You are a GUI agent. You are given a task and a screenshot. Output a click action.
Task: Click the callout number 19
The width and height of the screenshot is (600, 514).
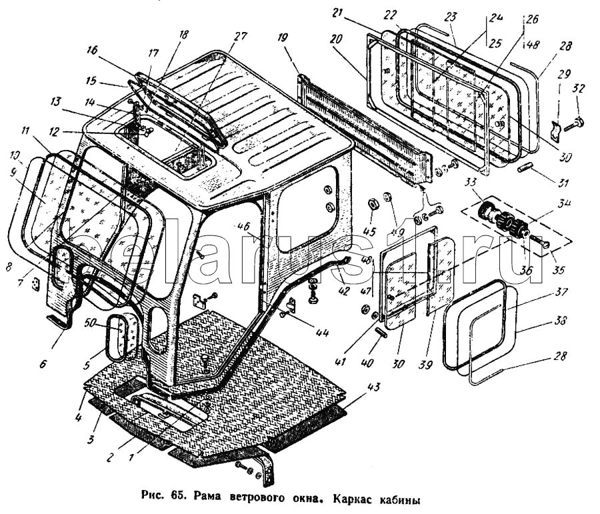(x=284, y=38)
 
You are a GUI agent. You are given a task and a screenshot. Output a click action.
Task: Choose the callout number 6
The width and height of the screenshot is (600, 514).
(x=43, y=364)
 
